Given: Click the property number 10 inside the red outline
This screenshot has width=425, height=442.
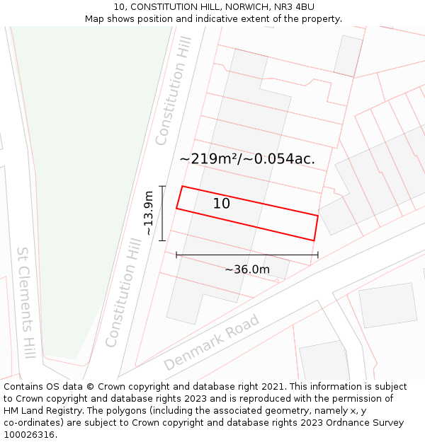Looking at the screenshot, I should tap(222, 204).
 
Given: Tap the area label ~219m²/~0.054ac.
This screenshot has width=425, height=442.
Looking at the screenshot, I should tap(247, 159).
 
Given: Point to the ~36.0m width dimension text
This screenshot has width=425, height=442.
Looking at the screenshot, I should tap(247, 269).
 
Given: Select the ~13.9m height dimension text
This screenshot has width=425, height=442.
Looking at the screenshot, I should tap(148, 213).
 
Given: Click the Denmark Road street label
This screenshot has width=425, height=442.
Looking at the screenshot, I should tap(212, 342).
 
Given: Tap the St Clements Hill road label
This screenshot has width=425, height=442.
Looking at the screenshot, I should tap(26, 302).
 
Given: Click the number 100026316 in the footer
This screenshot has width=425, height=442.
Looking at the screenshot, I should tap(29, 435).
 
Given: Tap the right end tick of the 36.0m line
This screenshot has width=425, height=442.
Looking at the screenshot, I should tap(318, 255).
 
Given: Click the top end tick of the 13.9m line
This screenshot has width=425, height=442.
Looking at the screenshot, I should tap(162, 186).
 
